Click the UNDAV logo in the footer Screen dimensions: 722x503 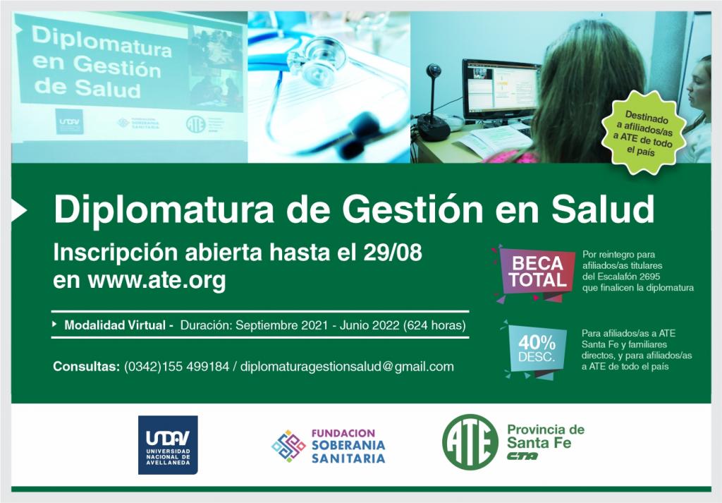coord(168,445)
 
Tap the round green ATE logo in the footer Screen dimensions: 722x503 coord(470,442)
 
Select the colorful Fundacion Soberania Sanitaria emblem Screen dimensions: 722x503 coord(288,446)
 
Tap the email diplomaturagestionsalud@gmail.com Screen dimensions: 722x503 coord(347,367)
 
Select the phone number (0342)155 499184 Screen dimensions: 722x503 coord(176,367)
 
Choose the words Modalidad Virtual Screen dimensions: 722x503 coord(115,325)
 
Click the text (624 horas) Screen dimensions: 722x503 coord(434,325)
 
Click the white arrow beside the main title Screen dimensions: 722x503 coord(19,210)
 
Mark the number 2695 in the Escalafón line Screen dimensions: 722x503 coord(649,277)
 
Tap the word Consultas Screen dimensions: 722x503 coord(86,367)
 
